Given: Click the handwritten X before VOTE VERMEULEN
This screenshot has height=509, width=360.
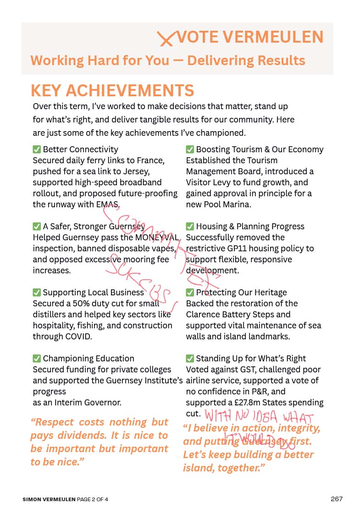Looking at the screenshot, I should [166, 39].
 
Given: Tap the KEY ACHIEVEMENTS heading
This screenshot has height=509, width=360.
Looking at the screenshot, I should [112, 90].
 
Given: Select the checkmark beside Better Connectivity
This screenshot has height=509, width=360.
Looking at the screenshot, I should [37, 149].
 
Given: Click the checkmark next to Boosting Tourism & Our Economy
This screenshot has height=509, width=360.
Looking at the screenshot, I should [190, 149].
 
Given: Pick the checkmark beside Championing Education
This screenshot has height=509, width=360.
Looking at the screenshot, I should [37, 359].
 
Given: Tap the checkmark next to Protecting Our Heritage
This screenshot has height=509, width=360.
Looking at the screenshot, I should [190, 293].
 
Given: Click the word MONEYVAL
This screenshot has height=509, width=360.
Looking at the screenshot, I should [156, 238].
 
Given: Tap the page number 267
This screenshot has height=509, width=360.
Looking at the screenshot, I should [337, 499].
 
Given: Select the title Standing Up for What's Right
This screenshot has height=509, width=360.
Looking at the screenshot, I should [251, 359].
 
